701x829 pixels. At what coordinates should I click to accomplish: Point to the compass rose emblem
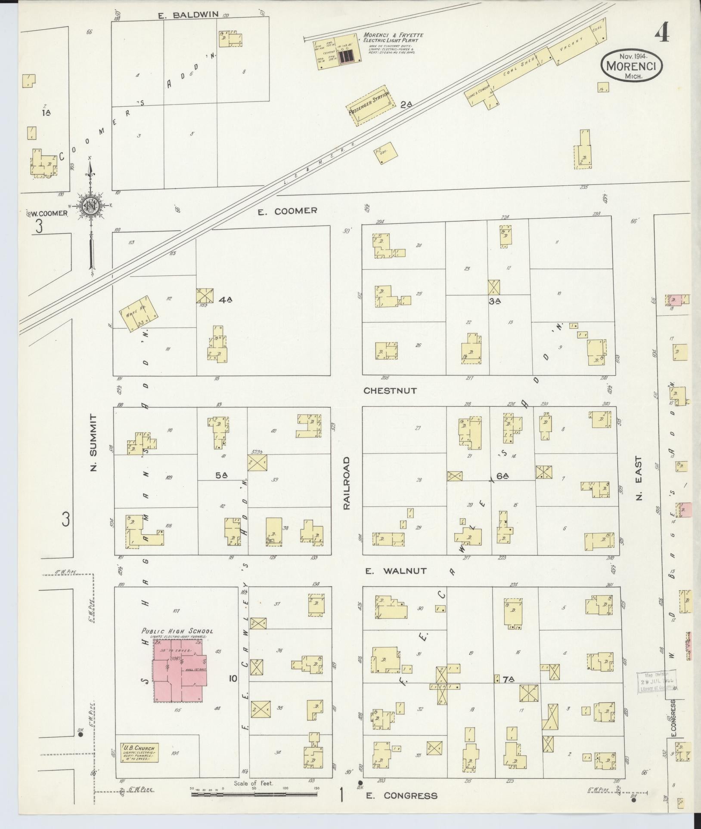[91, 206]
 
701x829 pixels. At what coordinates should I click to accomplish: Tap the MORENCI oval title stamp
[631, 65]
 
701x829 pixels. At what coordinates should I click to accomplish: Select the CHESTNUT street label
[390, 391]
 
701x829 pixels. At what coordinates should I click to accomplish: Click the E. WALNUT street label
[396, 571]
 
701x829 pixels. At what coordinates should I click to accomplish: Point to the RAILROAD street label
[347, 483]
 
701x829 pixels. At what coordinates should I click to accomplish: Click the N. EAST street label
[639, 478]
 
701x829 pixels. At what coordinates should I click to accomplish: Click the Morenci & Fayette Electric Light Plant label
[393, 38]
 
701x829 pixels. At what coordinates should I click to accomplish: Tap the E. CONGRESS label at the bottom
[401, 796]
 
